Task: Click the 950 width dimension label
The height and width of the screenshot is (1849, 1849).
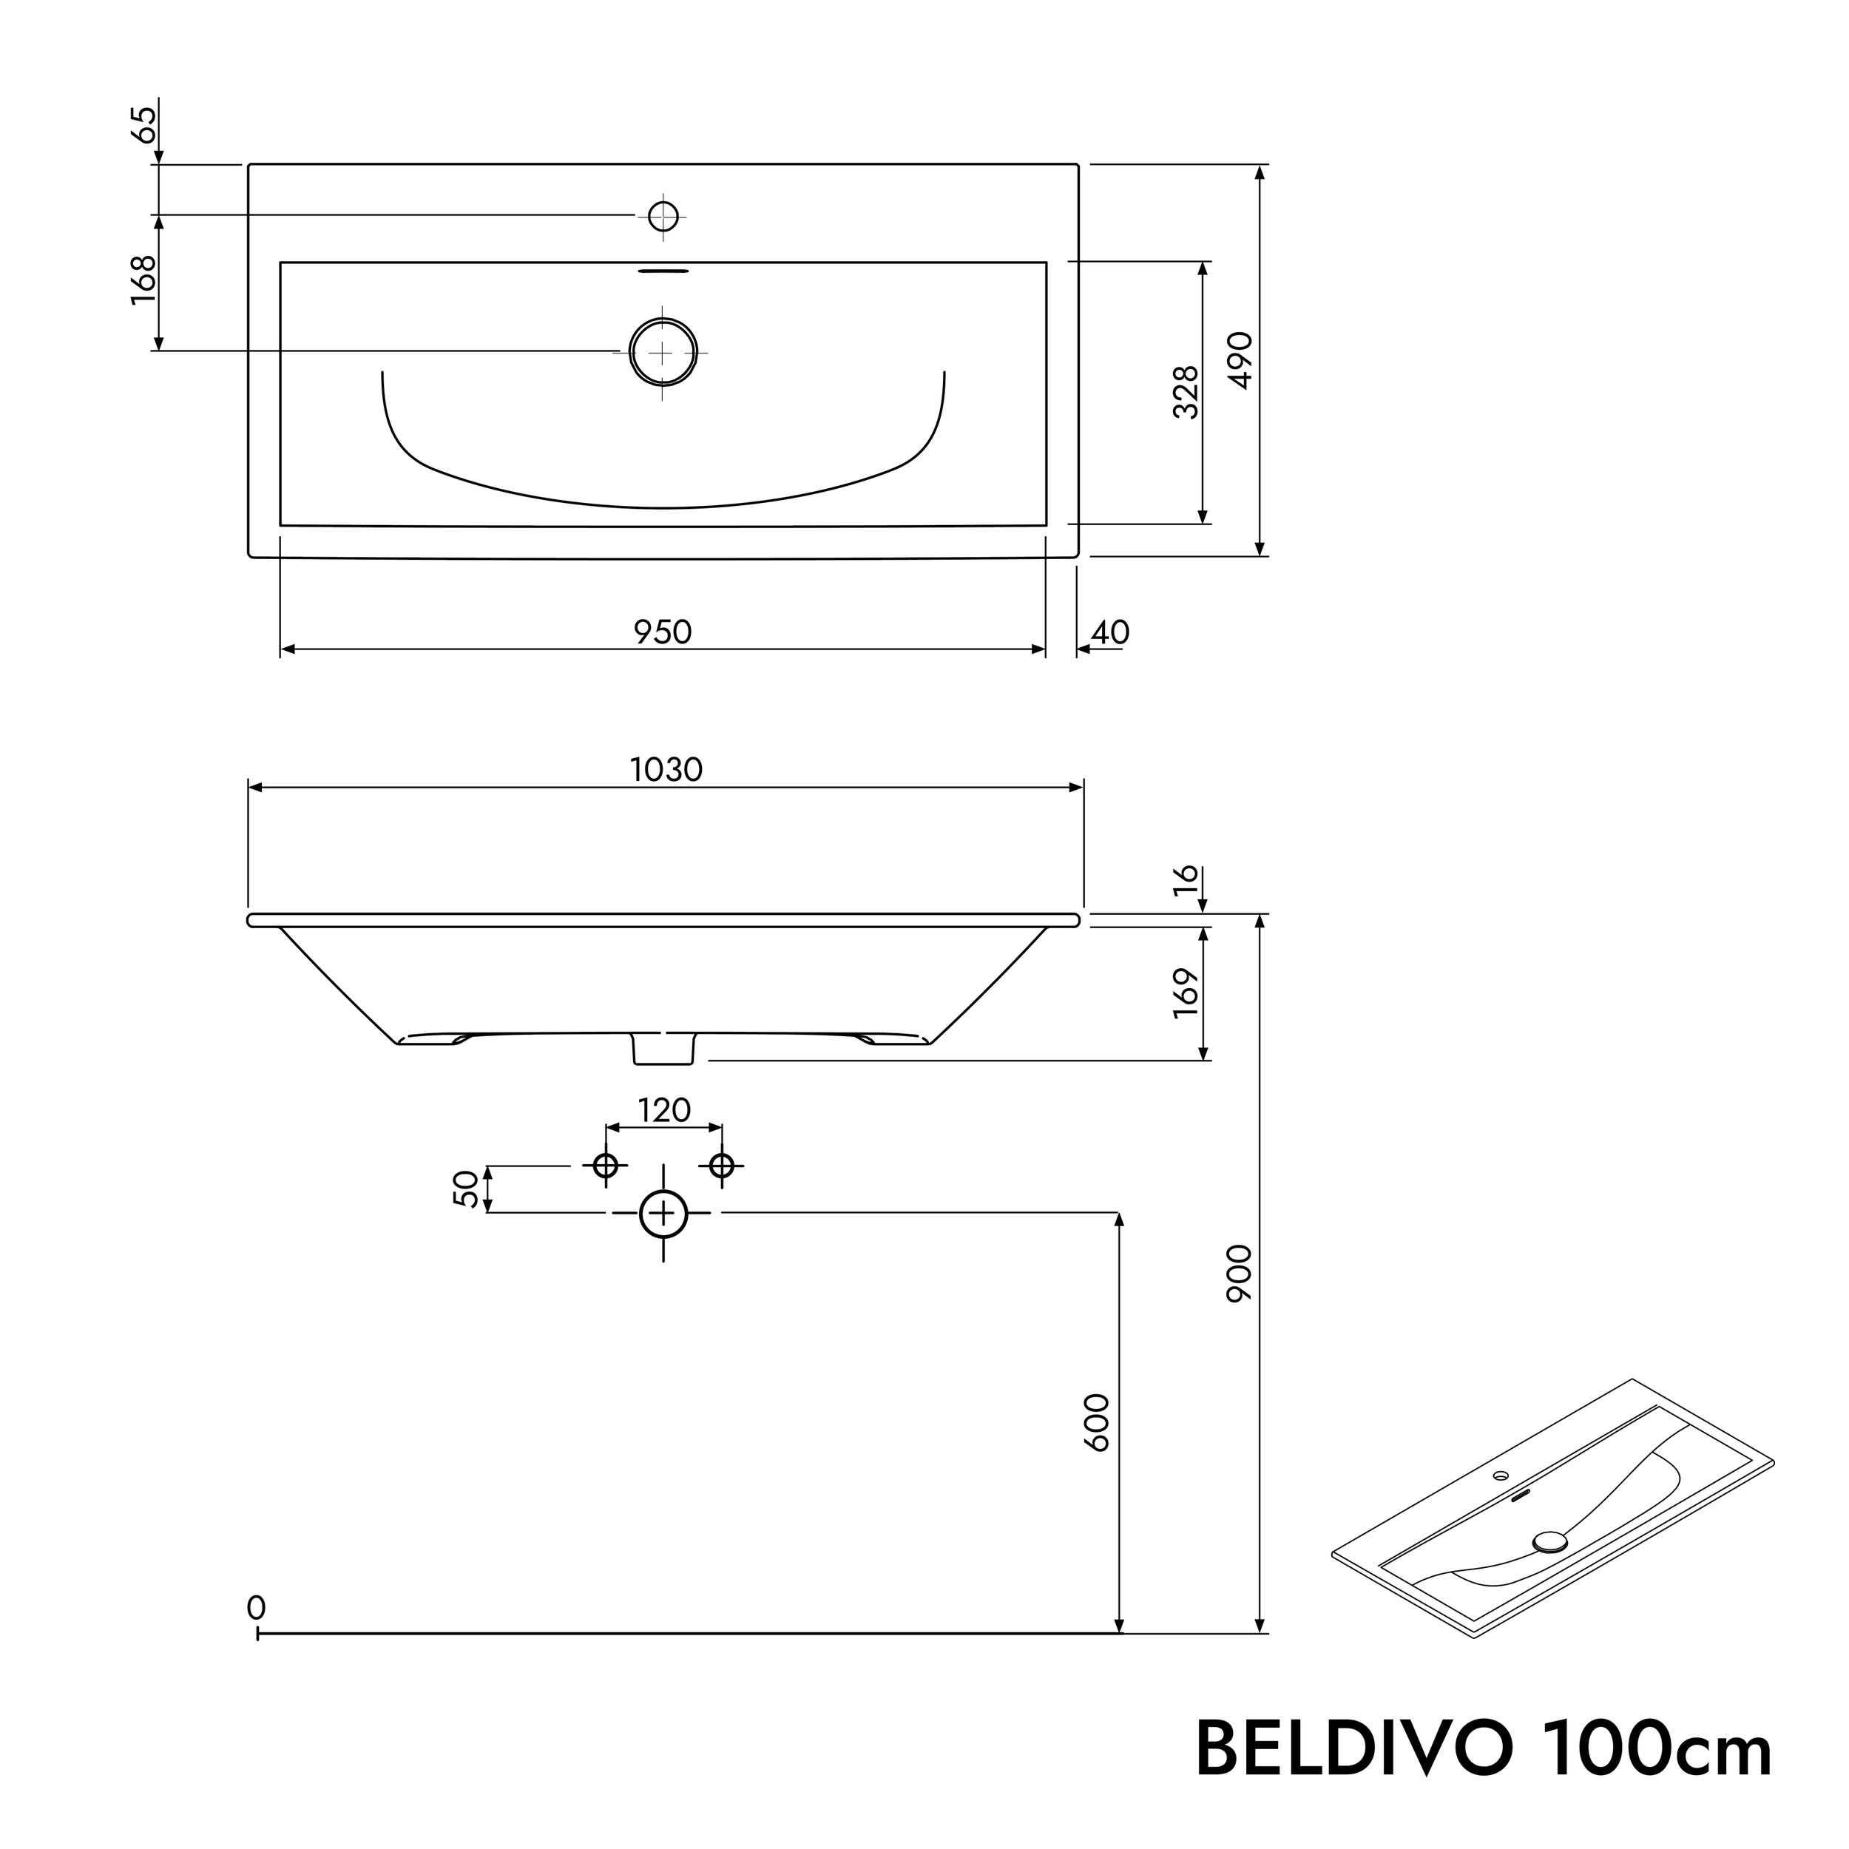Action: click(662, 632)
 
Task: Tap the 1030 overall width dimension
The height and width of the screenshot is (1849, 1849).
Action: click(666, 769)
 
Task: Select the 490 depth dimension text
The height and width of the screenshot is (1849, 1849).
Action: click(1240, 360)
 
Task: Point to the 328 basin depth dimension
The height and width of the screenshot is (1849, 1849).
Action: click(1185, 393)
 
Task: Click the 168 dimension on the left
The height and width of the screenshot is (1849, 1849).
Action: click(143, 280)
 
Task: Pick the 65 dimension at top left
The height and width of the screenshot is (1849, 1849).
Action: click(143, 124)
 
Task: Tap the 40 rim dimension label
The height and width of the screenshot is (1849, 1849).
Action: click(1110, 632)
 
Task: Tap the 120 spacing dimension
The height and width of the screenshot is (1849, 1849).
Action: click(664, 1111)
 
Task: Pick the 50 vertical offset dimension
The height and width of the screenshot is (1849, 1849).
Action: click(466, 1189)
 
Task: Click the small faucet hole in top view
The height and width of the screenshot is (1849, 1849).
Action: click(663, 217)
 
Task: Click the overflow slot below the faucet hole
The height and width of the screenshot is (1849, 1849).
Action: click(663, 271)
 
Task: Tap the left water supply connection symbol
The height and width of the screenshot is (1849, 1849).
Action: click(605, 1166)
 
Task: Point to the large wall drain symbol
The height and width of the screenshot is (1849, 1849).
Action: click(663, 1214)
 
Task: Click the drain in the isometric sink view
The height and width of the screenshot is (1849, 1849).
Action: click(1549, 1540)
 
